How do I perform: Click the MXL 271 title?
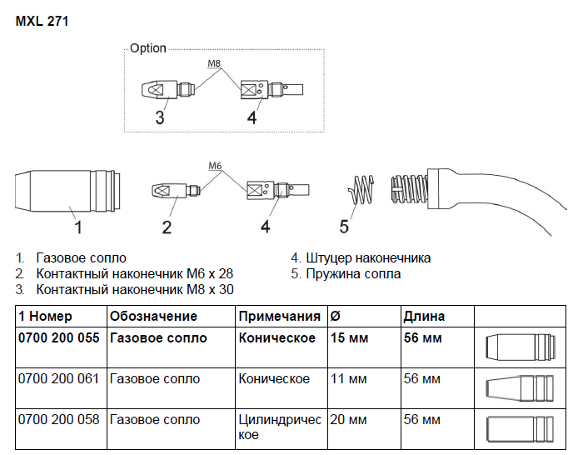(x=42, y=22)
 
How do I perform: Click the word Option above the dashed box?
(x=148, y=48)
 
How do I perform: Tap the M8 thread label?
(x=214, y=63)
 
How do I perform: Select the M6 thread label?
(x=216, y=166)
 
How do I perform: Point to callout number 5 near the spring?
(x=344, y=226)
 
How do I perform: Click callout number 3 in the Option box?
(x=160, y=117)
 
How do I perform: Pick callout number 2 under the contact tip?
(x=167, y=226)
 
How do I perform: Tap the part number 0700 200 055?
(x=59, y=337)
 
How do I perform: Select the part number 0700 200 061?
(x=59, y=378)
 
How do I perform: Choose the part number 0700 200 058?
(x=59, y=419)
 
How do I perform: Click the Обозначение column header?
(x=153, y=316)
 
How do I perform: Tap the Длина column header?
(x=424, y=316)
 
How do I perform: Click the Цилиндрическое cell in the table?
(x=279, y=427)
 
